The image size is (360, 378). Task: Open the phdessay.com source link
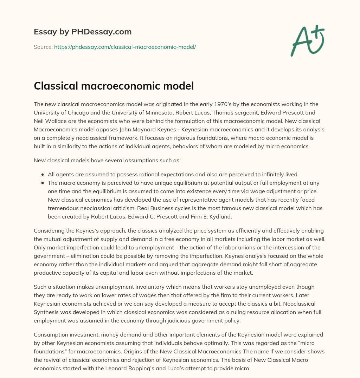125,47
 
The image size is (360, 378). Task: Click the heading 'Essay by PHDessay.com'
83,32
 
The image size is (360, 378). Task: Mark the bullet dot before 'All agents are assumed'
43,175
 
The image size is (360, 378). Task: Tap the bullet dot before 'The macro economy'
43,183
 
